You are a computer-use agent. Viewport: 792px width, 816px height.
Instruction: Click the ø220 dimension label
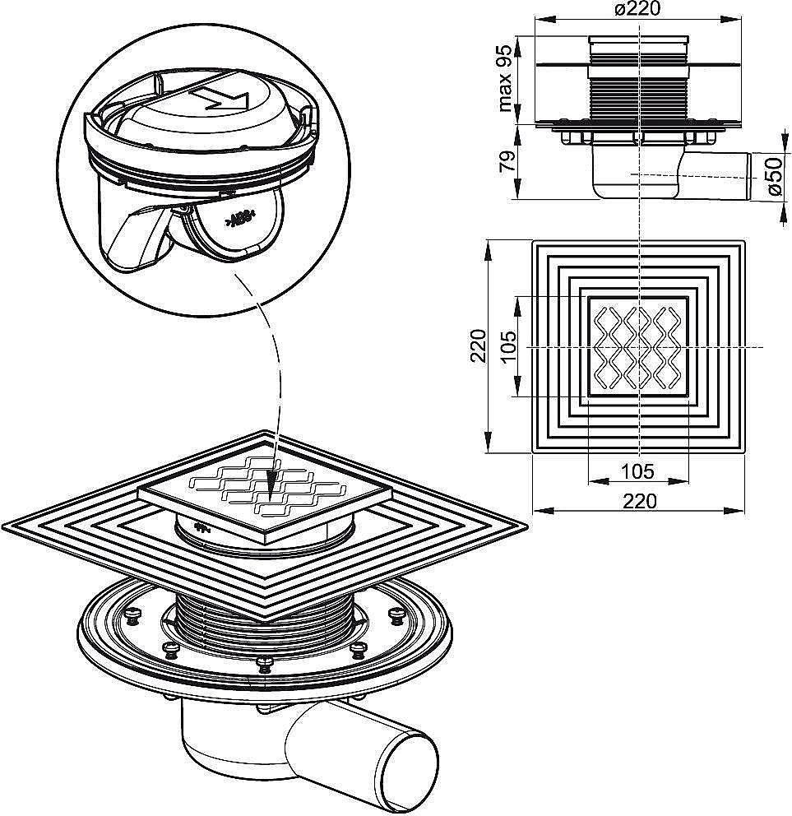pyautogui.click(x=637, y=9)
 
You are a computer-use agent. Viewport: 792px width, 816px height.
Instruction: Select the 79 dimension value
pyautogui.click(x=507, y=162)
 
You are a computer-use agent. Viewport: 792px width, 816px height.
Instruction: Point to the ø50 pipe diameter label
pyautogui.click(x=775, y=176)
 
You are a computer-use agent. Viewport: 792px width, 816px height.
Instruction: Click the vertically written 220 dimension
pyautogui.click(x=477, y=345)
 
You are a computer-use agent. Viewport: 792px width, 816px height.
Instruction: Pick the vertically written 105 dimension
pyautogui.click(x=509, y=346)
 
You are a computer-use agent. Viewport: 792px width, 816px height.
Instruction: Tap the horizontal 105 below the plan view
pyautogui.click(x=638, y=471)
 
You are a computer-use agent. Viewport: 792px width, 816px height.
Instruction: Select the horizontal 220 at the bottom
pyautogui.click(x=640, y=501)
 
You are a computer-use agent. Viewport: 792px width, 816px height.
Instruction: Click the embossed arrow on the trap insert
pyautogui.click(x=220, y=97)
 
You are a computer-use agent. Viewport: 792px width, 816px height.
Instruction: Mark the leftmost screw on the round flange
pyautogui.click(x=134, y=615)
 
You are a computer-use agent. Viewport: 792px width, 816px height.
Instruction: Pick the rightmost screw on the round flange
pyautogui.click(x=397, y=614)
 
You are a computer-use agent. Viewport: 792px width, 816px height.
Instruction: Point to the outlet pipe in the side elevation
pyautogui.click(x=715, y=176)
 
